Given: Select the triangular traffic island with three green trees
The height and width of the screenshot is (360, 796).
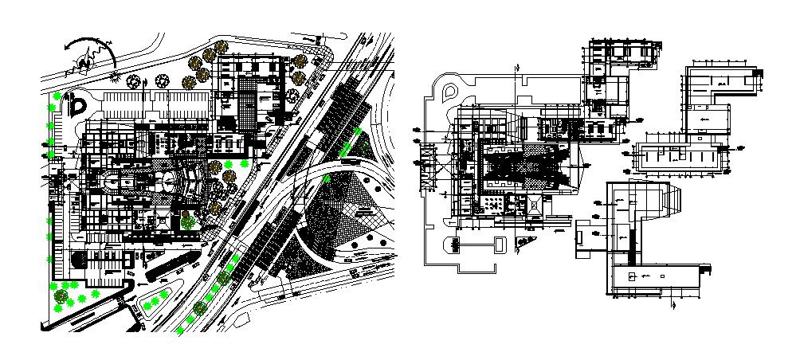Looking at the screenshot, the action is (x=153, y=302).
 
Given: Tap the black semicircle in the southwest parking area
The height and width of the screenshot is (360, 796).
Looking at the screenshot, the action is (x=80, y=260).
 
